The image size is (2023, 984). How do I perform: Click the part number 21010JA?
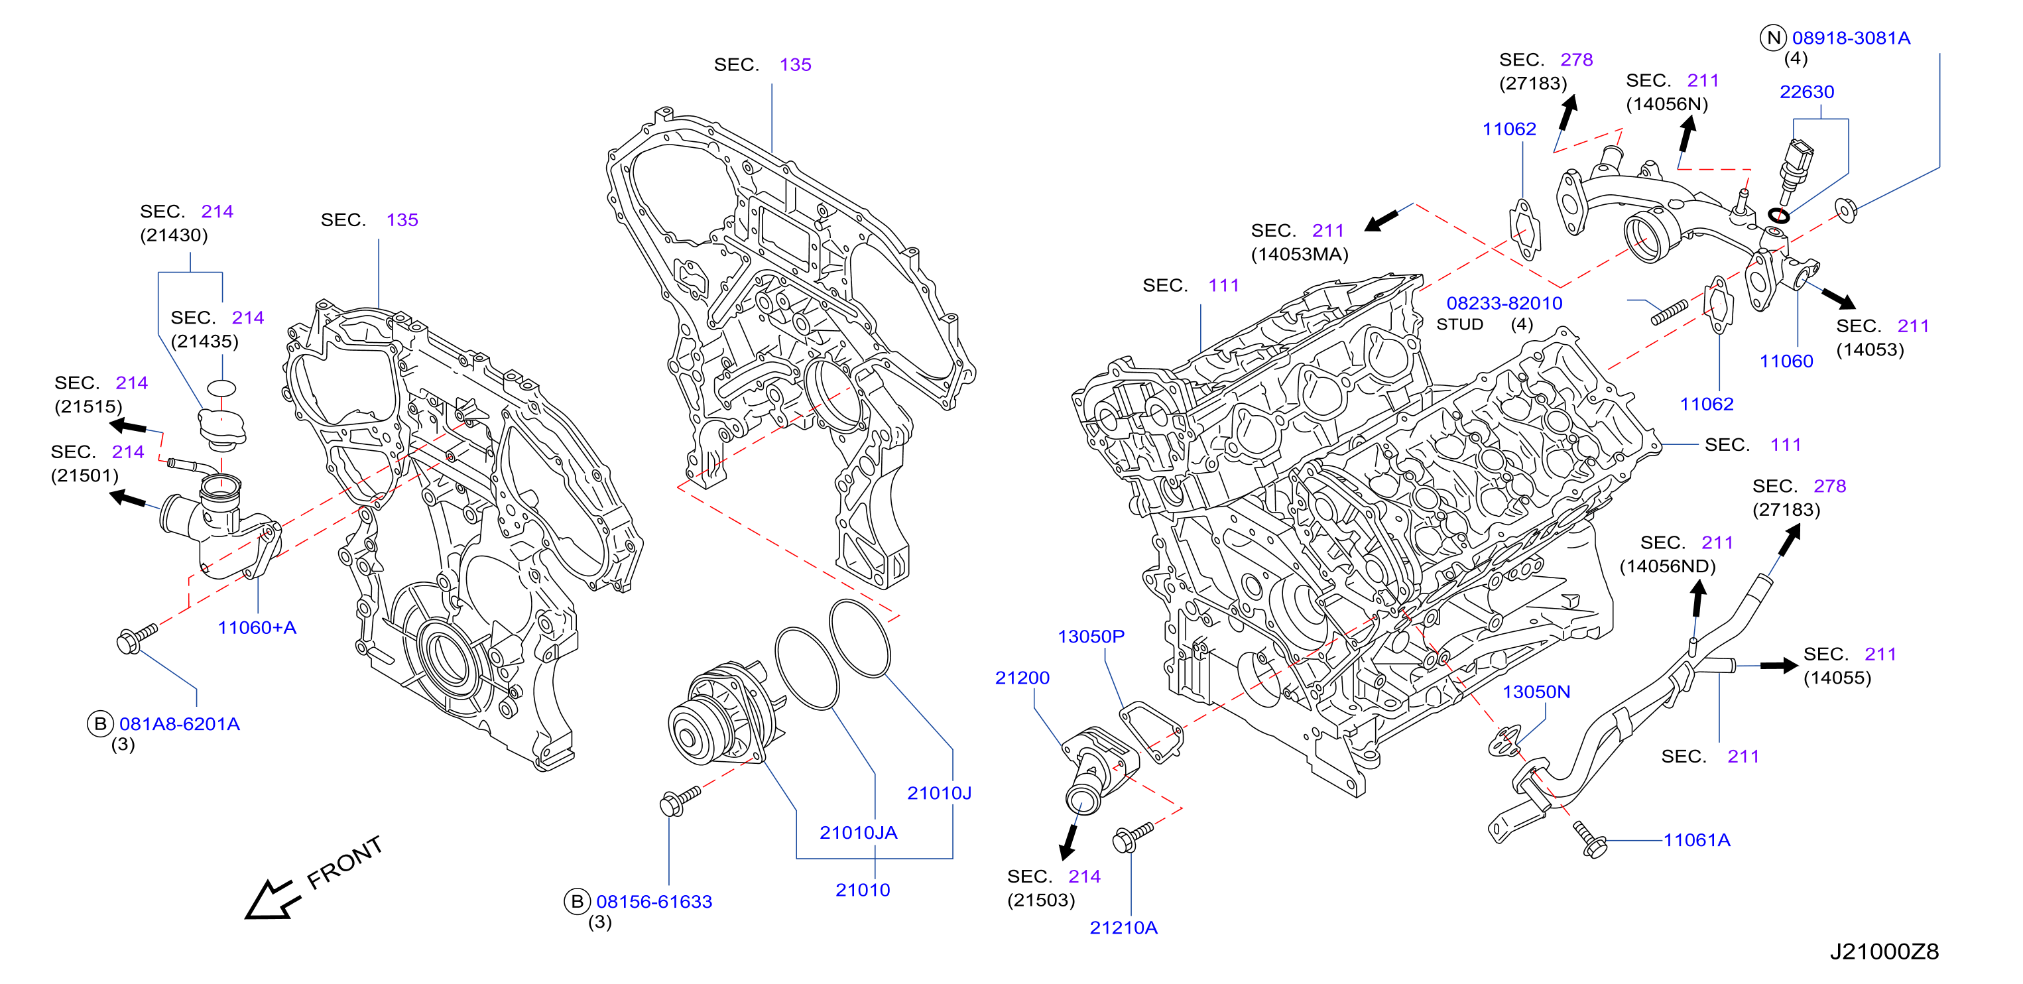point(859,832)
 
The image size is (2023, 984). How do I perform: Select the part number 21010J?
point(940,793)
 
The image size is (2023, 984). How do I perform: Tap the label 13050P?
point(1091,636)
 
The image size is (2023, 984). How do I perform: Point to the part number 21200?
point(1022,678)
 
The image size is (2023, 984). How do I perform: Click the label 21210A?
point(1123,928)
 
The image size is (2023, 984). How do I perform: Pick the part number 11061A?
point(1696,839)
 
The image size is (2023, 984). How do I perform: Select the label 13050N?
point(1536,692)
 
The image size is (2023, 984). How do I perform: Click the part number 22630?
point(1806,92)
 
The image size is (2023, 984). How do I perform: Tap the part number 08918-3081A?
point(1851,38)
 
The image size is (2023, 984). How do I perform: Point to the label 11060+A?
point(257,627)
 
